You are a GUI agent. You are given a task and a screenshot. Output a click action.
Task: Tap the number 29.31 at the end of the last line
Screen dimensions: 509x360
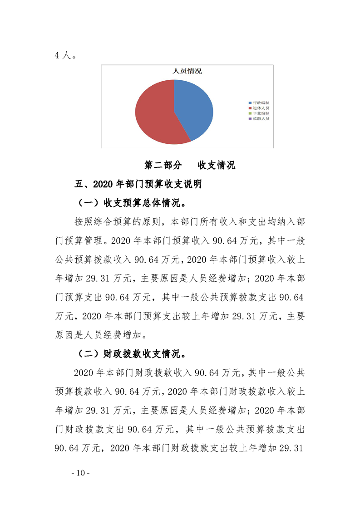click(x=291, y=448)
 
